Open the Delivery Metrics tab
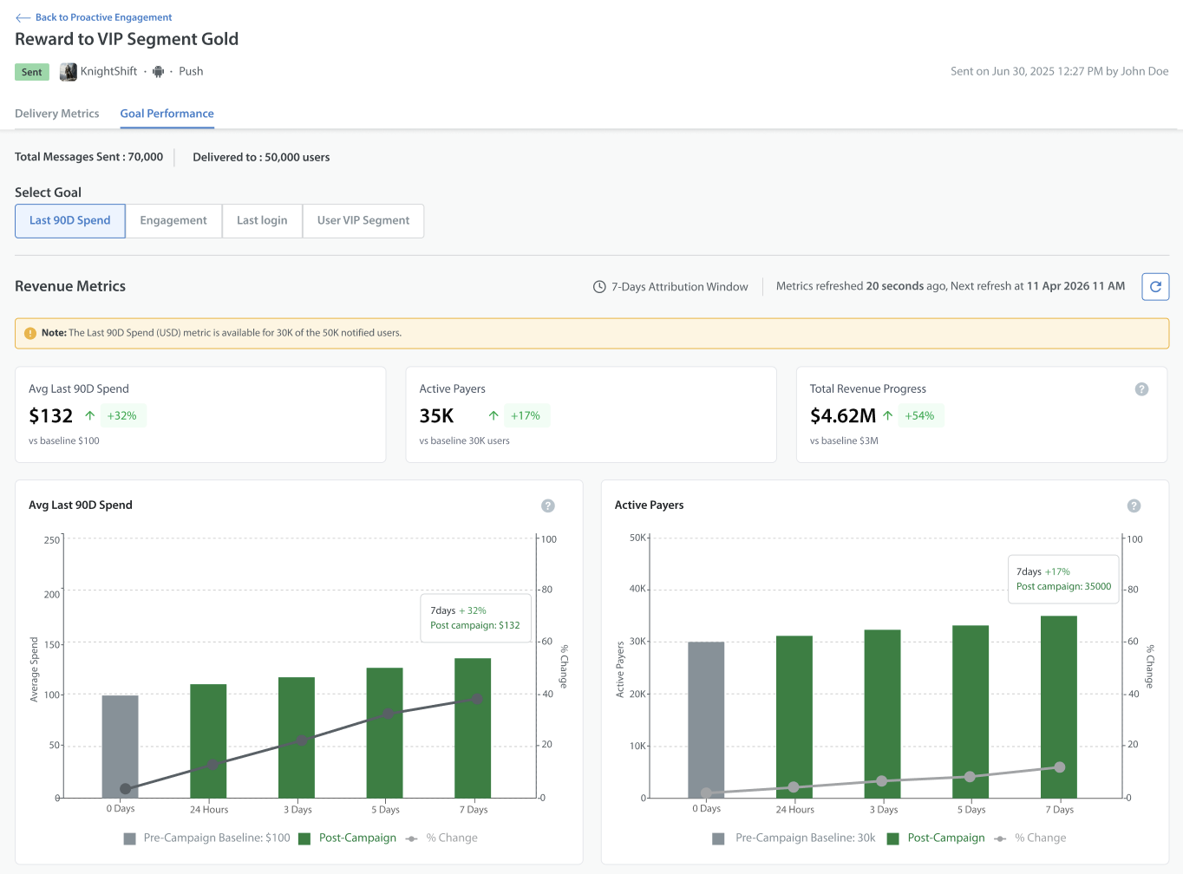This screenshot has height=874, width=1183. pyautogui.click(x=57, y=113)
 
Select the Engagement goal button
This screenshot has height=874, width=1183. pyautogui.click(x=173, y=220)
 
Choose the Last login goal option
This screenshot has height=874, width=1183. pyautogui.click(x=262, y=220)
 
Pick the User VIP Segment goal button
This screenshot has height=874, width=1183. pyautogui.click(x=363, y=220)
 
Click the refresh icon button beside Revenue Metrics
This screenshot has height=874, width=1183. pyautogui.click(x=1155, y=286)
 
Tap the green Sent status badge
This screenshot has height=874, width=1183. pyautogui.click(x=32, y=71)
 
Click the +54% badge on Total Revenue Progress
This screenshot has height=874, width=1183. pyautogui.click(x=919, y=415)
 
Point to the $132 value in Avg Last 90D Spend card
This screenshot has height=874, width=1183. pyautogui.click(x=50, y=415)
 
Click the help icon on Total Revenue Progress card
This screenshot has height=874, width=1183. pyautogui.click(x=1141, y=389)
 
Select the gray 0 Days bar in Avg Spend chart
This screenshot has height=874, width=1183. pyautogui.click(x=120, y=747)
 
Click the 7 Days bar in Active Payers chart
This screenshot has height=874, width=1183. pyautogui.click(x=1059, y=708)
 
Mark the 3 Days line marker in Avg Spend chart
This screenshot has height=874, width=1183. pyautogui.click(x=301, y=740)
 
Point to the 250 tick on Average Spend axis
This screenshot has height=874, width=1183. pyautogui.click(x=52, y=539)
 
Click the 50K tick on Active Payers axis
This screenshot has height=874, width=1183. pyautogui.click(x=638, y=538)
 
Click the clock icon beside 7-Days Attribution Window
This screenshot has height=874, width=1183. pyautogui.click(x=599, y=287)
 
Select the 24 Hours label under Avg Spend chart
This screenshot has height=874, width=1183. pyautogui.click(x=209, y=810)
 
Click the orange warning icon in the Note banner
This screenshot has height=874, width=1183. pyautogui.click(x=30, y=333)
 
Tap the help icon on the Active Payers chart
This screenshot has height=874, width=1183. pyautogui.click(x=1134, y=505)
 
